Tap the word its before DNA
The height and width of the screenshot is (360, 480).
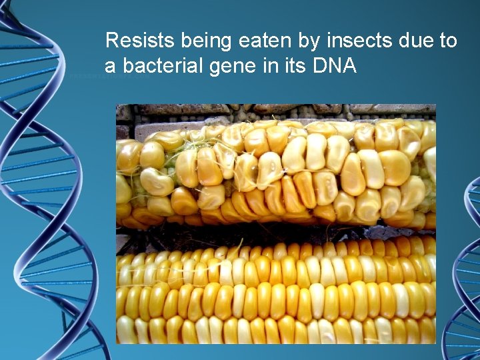(299, 66)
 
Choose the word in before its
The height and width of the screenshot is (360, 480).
(278, 66)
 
